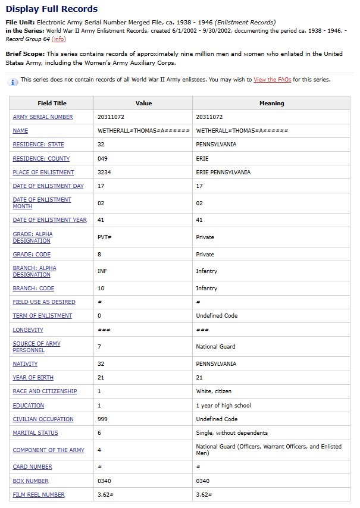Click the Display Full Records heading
(x=52, y=9)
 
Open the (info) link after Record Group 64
(x=59, y=39)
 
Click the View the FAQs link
(x=272, y=79)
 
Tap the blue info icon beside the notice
(x=14, y=80)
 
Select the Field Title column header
(x=52, y=103)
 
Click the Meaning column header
(x=271, y=103)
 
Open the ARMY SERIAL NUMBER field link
(x=43, y=117)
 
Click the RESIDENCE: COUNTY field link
(x=41, y=159)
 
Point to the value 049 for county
(x=103, y=159)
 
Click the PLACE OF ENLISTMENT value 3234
(x=104, y=173)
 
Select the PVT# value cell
(x=104, y=237)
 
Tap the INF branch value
(x=102, y=271)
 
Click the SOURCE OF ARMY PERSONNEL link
(x=36, y=347)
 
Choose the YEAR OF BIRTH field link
(x=33, y=378)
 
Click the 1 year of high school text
(x=223, y=406)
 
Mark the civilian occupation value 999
(x=103, y=419)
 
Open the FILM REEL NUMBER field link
(x=39, y=495)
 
